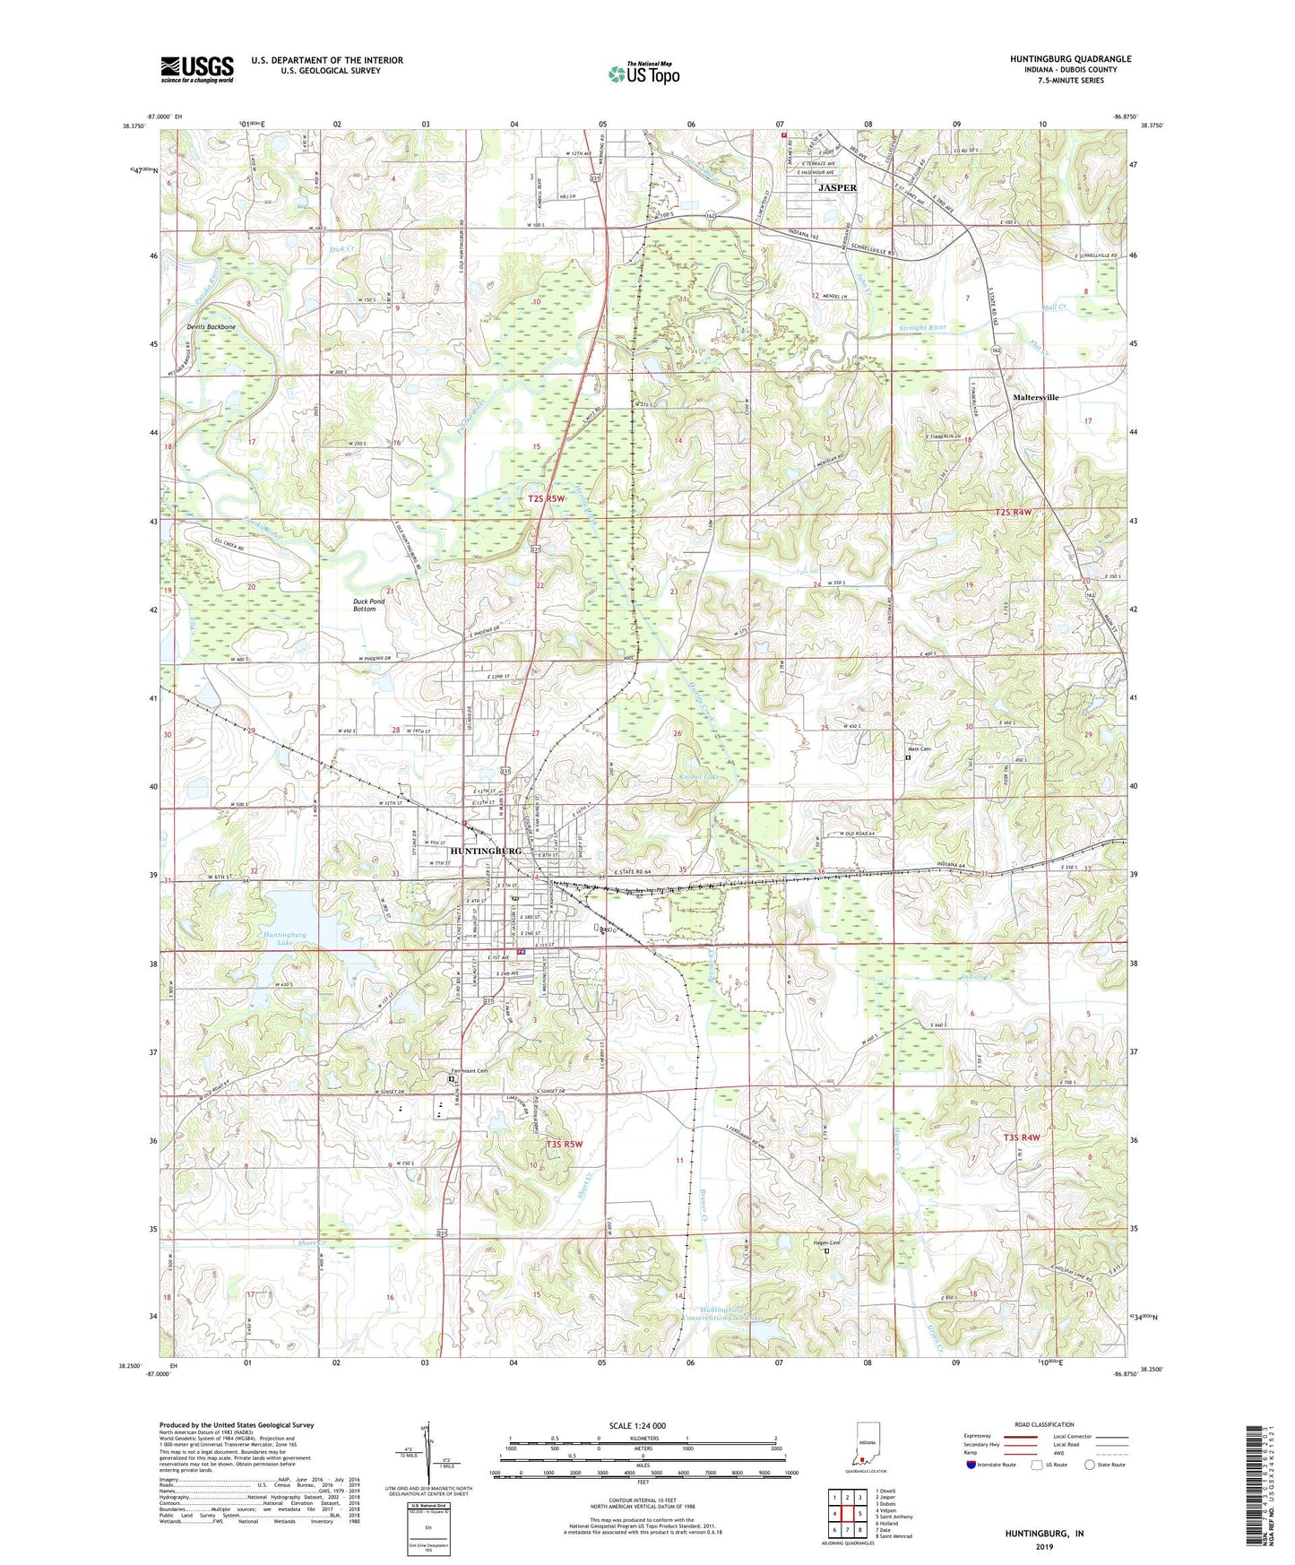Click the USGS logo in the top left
point(197,68)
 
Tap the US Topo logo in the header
point(643,73)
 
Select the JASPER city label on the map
point(837,188)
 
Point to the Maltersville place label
point(1035,397)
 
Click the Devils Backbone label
point(212,327)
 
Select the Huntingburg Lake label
point(285,938)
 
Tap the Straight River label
point(922,328)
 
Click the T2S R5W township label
point(547,498)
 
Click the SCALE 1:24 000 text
point(643,1425)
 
